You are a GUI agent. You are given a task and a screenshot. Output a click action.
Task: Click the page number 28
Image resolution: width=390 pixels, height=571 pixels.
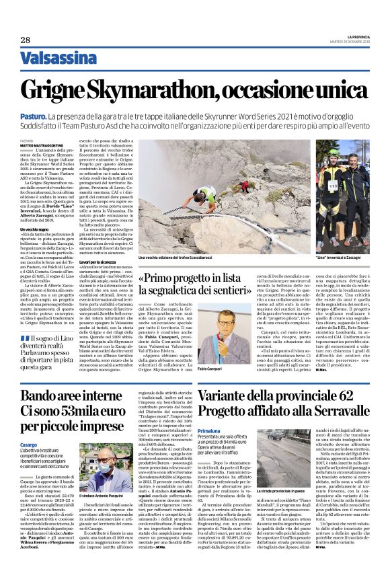point(26,40)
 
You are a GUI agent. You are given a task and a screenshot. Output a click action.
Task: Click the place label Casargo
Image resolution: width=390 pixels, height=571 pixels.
point(28,445)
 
